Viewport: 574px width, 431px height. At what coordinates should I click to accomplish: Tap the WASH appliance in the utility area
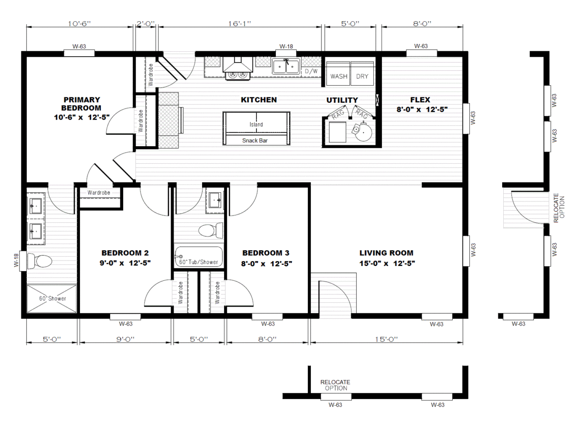click(338, 74)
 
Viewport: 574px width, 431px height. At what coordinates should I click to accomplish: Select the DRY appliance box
click(362, 74)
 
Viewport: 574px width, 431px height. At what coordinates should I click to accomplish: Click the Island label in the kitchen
click(256, 124)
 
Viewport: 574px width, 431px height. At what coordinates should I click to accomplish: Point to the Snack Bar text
click(255, 140)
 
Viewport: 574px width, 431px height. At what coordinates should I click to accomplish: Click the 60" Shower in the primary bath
click(52, 299)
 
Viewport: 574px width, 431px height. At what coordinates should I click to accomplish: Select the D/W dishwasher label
click(311, 71)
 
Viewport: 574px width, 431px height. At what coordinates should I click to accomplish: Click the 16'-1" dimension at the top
click(240, 23)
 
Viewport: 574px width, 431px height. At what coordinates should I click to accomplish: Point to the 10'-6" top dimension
click(79, 23)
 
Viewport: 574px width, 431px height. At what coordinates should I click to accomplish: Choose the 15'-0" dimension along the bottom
click(386, 339)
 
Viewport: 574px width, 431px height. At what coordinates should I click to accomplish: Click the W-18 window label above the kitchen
click(286, 46)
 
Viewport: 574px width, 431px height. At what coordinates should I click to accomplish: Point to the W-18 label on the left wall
click(16, 260)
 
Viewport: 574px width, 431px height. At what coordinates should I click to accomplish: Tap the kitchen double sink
click(286, 66)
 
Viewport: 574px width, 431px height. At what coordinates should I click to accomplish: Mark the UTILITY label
click(342, 100)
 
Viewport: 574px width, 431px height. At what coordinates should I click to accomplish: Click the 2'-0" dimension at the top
click(146, 23)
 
